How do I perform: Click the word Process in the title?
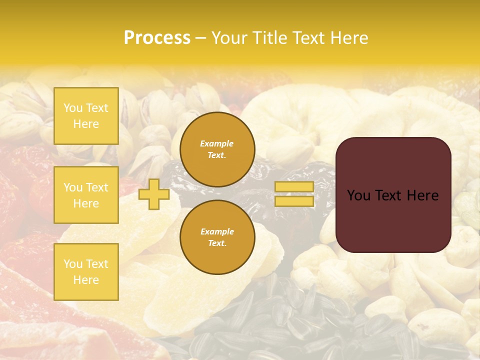click(x=157, y=38)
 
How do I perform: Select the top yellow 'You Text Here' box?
click(x=86, y=116)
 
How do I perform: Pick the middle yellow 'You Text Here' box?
click(x=86, y=195)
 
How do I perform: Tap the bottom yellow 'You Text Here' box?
click(x=86, y=271)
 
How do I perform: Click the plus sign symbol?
click(x=153, y=194)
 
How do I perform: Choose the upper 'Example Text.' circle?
click(x=217, y=149)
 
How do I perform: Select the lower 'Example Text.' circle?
click(x=217, y=237)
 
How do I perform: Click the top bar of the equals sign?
click(x=294, y=186)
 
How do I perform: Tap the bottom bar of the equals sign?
click(x=294, y=201)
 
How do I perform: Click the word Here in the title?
click(x=346, y=38)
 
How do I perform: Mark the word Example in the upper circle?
click(x=217, y=143)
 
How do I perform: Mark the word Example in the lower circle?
click(x=217, y=231)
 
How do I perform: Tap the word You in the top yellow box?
click(x=73, y=108)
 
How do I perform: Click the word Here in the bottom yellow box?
click(x=86, y=280)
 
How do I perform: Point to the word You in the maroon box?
click(x=358, y=195)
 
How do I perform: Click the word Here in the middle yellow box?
click(x=86, y=203)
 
